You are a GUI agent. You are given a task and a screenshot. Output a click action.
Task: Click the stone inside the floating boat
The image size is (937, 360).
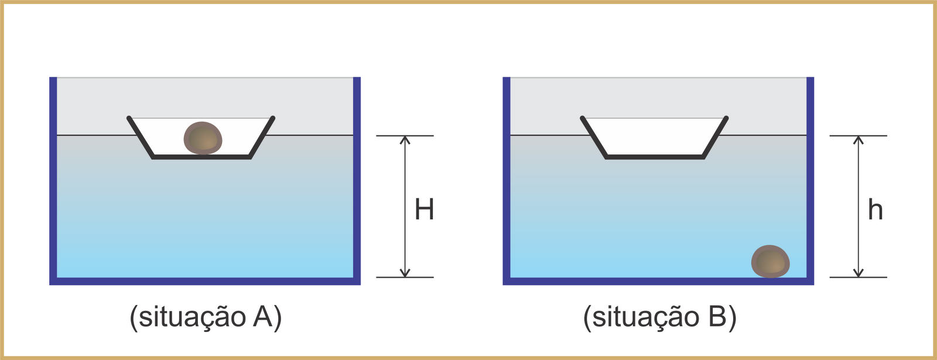(x=203, y=138)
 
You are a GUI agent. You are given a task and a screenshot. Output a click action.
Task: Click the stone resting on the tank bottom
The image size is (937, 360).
(x=771, y=261)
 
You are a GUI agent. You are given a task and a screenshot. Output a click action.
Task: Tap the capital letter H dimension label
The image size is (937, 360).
(x=424, y=210)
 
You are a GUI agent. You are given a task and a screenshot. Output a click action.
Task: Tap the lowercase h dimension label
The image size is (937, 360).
(x=875, y=210)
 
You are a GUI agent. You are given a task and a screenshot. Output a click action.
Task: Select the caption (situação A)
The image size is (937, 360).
(x=206, y=317)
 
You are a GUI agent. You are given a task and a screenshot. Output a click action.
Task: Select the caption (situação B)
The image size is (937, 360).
(x=659, y=317)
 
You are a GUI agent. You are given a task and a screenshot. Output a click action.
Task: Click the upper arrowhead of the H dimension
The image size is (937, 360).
(x=405, y=140)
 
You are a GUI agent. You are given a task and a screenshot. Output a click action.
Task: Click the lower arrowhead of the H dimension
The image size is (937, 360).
(x=405, y=273)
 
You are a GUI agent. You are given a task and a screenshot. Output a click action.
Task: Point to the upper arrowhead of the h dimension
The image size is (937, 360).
(x=859, y=140)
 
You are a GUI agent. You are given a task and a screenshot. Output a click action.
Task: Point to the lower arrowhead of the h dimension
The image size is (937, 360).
(x=859, y=273)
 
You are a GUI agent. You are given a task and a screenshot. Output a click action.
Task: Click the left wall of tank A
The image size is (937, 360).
(x=53, y=176)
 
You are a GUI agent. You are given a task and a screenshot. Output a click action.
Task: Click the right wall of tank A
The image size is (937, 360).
(x=357, y=176)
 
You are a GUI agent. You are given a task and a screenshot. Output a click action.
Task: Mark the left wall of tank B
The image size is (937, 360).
(x=507, y=176)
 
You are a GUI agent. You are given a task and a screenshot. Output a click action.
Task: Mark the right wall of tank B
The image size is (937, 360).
(x=811, y=176)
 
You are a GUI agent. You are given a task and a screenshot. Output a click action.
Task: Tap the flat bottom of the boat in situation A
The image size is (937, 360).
(x=201, y=157)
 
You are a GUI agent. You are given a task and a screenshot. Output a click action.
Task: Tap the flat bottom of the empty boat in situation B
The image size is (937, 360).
(x=655, y=157)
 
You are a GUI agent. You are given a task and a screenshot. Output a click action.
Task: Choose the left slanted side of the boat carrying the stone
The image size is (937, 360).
(x=141, y=138)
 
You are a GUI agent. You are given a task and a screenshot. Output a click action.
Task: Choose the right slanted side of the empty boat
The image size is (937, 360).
(x=715, y=138)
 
